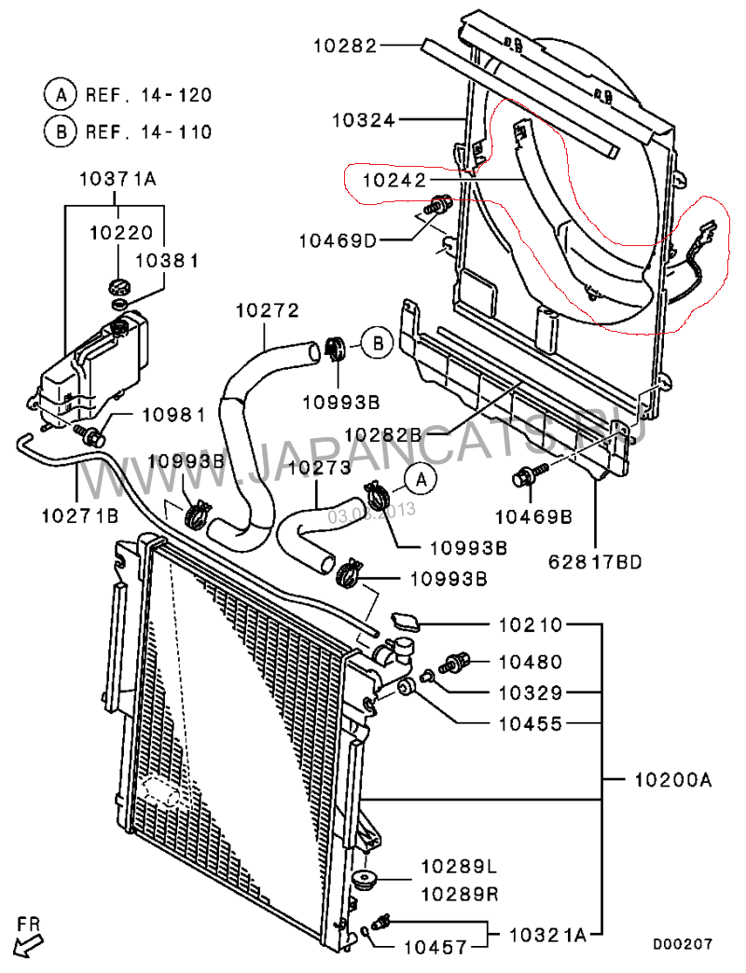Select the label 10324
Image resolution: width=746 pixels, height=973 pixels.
tap(364, 119)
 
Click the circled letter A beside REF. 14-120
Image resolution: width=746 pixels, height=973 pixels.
tap(59, 94)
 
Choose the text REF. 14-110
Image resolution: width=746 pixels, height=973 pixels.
tap(148, 131)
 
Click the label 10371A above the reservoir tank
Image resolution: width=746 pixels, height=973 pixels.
tap(117, 178)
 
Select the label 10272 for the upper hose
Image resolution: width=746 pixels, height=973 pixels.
tap(266, 311)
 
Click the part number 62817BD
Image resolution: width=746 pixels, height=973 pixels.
tap(596, 561)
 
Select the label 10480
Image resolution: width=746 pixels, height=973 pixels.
tap(530, 663)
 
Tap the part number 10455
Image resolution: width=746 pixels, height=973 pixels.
tap(530, 722)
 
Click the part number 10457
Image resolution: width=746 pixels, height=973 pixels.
tap(435, 948)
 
